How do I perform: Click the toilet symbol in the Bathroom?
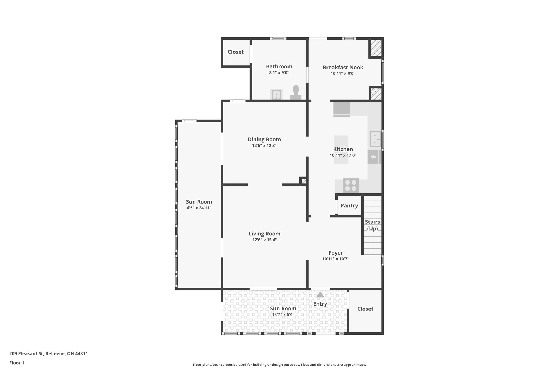pos(296,93)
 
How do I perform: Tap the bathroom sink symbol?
pos(276,95)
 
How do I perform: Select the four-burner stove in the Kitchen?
pos(350,186)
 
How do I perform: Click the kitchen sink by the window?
pos(375,139)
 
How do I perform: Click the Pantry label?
pos(349,206)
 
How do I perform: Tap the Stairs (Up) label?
pos(372,225)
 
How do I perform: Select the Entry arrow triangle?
pos(320,295)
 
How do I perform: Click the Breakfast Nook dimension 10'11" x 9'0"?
pos(343,74)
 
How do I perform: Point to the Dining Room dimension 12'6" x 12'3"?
pos(264,146)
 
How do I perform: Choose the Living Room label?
pos(264,234)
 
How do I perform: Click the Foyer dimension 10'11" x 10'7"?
pos(335,259)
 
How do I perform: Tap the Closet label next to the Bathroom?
pos(236,52)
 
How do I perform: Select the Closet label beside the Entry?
pos(365,309)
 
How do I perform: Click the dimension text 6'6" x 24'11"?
pos(199,208)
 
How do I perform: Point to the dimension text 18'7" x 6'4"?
pos(283,314)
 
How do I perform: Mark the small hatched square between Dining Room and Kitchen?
pos(304,181)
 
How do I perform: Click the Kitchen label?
pos(343,149)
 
